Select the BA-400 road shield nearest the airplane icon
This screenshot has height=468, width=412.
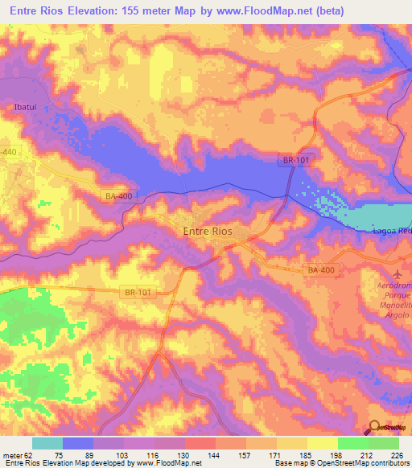click(320, 272)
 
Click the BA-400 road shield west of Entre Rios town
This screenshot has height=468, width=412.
click(118, 195)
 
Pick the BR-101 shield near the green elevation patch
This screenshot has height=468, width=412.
click(137, 294)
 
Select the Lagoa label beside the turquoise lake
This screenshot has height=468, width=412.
click(393, 231)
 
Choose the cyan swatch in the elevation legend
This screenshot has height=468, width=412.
click(47, 443)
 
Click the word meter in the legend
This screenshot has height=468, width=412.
click(12, 455)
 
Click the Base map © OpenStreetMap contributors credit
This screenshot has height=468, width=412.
click(340, 463)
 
